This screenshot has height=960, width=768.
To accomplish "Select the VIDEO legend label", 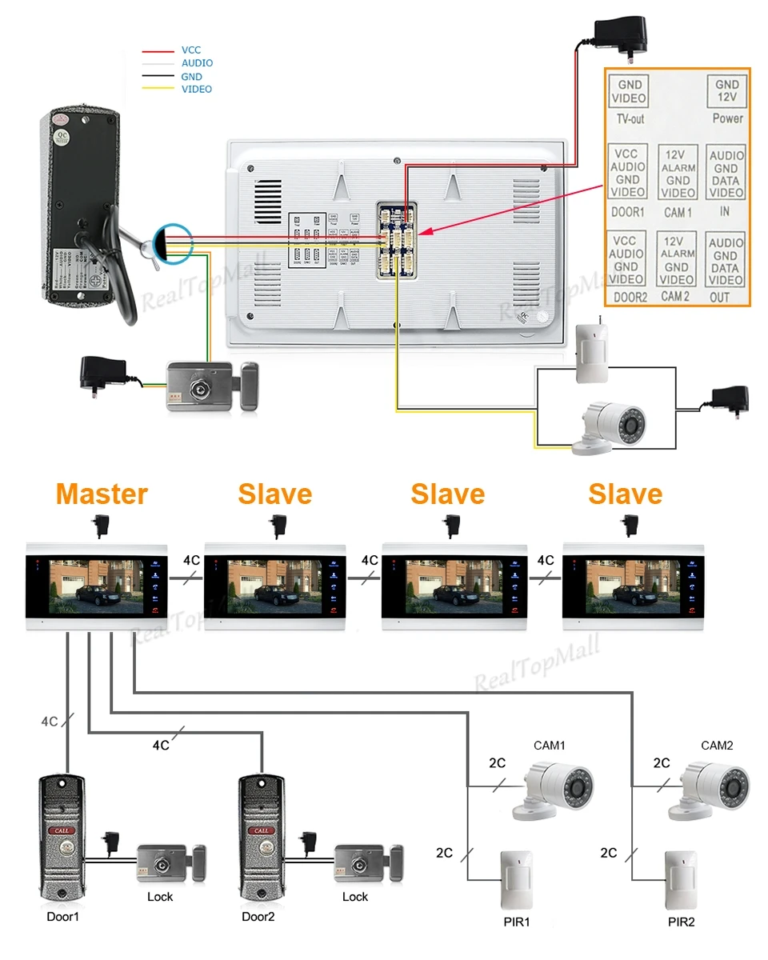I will (197, 89).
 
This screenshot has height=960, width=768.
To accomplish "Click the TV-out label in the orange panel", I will (630, 119).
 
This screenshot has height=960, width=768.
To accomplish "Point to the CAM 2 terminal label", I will (676, 296).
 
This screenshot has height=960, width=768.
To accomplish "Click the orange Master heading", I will (102, 494).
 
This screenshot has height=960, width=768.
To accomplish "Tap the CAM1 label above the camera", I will (550, 746).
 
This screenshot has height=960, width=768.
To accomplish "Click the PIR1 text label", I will (517, 922).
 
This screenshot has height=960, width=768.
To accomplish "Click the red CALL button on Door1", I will (62, 830).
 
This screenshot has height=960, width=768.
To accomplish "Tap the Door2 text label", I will (258, 917).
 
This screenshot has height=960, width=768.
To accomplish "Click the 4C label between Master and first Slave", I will (192, 560).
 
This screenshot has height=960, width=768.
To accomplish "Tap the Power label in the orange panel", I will (727, 118).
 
